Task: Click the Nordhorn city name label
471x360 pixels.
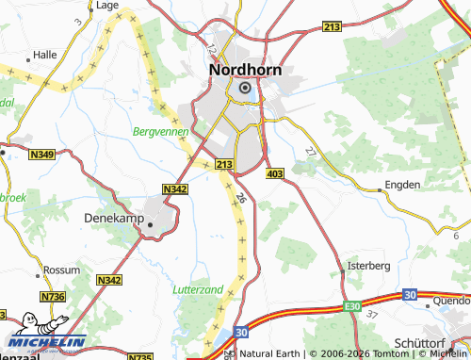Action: pos(244,69)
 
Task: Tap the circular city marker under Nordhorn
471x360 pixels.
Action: pos(245,88)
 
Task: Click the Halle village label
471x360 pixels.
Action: pos(45,56)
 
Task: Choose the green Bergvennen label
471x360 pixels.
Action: pos(161,132)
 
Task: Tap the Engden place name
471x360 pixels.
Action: pos(403,186)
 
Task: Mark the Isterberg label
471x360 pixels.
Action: pos(368,266)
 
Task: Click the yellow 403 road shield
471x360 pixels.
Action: pos(275,174)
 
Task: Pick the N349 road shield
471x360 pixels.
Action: pos(41,155)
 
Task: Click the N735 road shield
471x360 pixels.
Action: pos(139,357)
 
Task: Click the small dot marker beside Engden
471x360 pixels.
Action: pos(380,189)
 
